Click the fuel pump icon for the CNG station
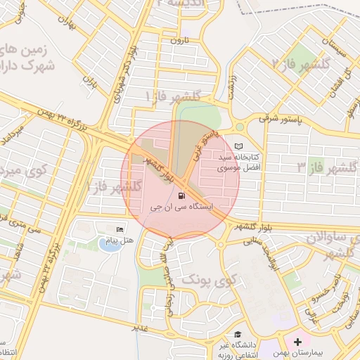183,195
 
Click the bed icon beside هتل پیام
120,230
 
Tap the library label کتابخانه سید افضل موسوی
238,162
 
